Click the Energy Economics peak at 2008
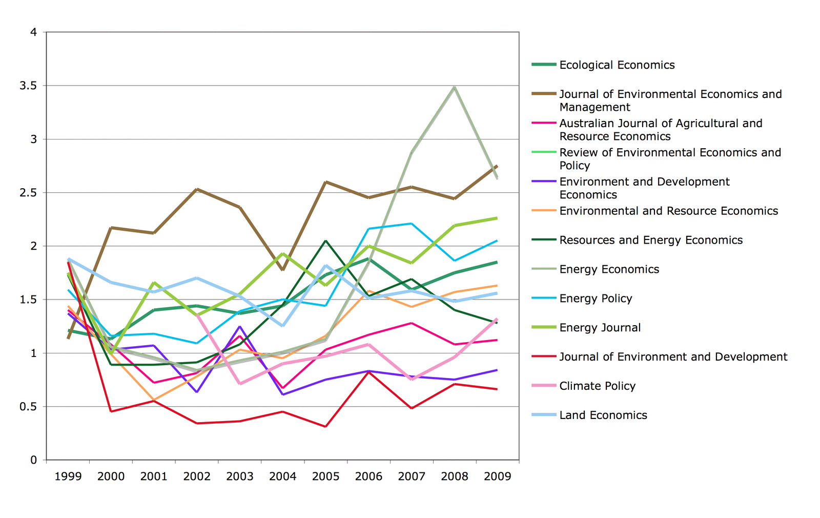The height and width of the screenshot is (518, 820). tap(454, 88)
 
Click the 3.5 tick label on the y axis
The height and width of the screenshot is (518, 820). tap(28, 86)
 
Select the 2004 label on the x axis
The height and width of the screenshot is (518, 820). tap(283, 477)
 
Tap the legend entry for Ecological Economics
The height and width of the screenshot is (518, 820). tap(617, 65)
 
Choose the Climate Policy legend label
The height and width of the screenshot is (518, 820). tap(597, 386)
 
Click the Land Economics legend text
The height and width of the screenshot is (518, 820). tap(603, 415)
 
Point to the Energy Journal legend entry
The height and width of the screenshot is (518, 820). tap(600, 328)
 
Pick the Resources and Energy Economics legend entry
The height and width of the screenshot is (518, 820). tap(650, 240)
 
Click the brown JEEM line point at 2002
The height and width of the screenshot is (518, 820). tap(197, 189)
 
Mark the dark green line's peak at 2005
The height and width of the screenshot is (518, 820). tap(326, 241)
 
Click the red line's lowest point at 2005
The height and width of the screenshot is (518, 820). tap(326, 427)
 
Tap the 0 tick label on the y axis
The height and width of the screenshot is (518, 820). tap(34, 460)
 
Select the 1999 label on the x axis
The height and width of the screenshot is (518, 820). tap(68, 477)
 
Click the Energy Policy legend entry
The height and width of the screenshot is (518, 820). tap(596, 298)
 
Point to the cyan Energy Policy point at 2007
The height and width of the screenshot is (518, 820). tap(412, 224)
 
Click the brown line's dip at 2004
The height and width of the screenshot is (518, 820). tap(283, 270)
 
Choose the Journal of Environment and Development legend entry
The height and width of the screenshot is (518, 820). tap(673, 357)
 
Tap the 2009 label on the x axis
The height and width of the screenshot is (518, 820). tap(497, 477)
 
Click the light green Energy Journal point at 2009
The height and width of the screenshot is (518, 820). tap(497, 218)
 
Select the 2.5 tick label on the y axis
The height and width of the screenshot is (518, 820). tap(28, 193)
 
